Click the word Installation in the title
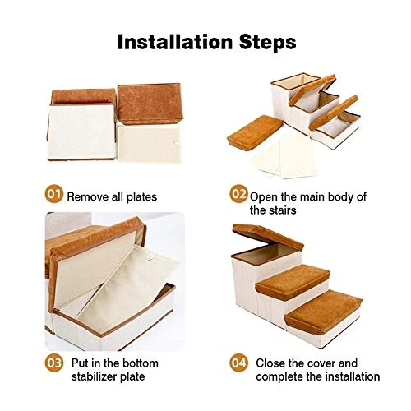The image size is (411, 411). point(175,42)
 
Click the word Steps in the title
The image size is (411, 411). point(268,43)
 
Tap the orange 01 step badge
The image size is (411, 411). point(53,194)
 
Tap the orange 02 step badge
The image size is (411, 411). point(238,194)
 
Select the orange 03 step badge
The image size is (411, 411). point(53,363)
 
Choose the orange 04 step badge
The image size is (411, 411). point(238,363)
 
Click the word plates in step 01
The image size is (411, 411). point(141,197)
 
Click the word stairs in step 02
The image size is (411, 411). point(283,210)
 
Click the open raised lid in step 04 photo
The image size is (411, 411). point(268,236)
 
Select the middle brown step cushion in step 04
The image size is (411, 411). point(293,281)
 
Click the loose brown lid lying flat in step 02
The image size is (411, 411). point(255,132)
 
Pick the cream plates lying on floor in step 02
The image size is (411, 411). point(284,157)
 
